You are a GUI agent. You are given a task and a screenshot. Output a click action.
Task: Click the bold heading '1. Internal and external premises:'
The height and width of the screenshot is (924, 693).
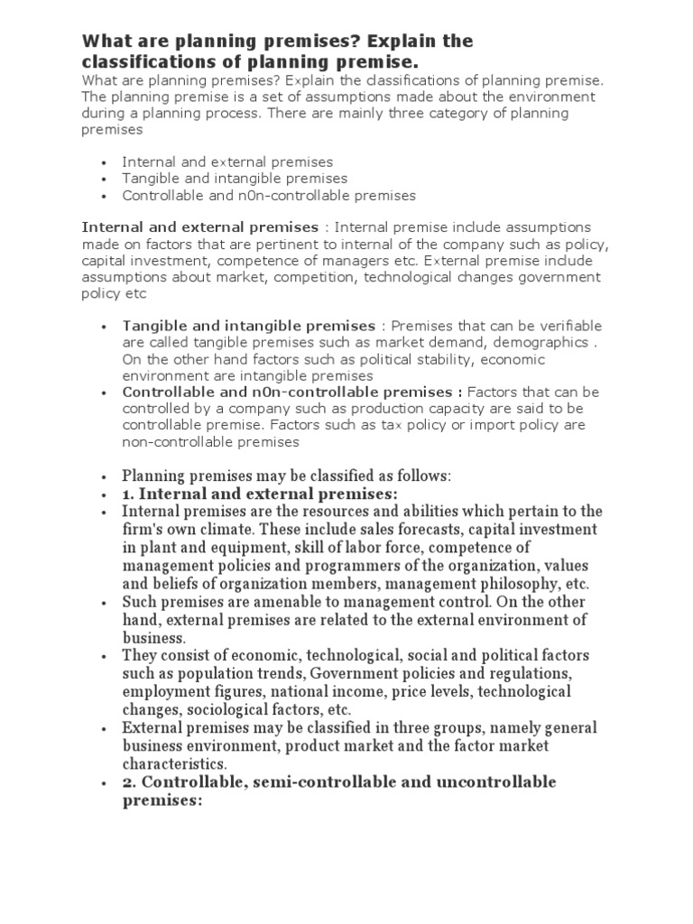coord(260,494)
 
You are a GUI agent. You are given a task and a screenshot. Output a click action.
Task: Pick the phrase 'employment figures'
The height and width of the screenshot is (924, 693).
coord(186,691)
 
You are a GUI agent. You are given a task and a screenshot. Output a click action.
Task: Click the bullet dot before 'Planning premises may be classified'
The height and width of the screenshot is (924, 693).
coord(106,476)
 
